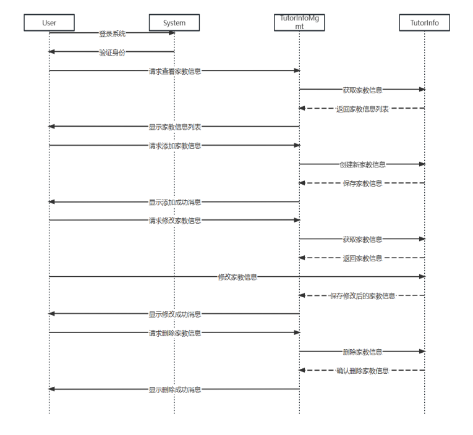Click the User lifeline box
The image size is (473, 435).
click(49, 23)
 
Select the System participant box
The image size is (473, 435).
click(174, 23)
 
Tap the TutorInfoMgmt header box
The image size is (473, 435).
click(299, 23)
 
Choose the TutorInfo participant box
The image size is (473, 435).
click(424, 23)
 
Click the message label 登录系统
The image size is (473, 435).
click(112, 33)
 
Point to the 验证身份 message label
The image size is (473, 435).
click(112, 53)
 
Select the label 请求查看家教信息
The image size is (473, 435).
click(174, 71)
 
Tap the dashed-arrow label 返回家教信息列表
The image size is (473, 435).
click(362, 109)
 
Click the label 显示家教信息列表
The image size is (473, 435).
click(174, 127)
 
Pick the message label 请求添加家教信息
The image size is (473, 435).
click(174, 146)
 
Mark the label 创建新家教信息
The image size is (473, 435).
click(362, 165)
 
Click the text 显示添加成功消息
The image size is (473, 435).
click(174, 202)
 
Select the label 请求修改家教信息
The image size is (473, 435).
click(174, 221)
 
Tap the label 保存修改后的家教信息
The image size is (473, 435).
click(362, 296)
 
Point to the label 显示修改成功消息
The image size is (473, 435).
click(174, 315)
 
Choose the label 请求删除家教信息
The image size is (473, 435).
click(174, 333)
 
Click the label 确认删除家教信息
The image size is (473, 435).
click(362, 371)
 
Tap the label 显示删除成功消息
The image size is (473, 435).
click(174, 390)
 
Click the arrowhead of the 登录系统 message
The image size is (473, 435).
click(171, 33)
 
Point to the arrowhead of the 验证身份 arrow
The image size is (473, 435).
click(52, 52)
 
